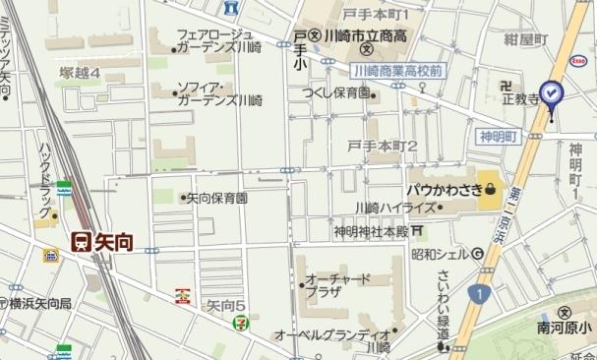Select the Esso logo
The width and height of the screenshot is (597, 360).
click(579, 60)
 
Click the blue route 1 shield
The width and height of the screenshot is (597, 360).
click(477, 293)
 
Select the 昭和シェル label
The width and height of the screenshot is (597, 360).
click(439, 254)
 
